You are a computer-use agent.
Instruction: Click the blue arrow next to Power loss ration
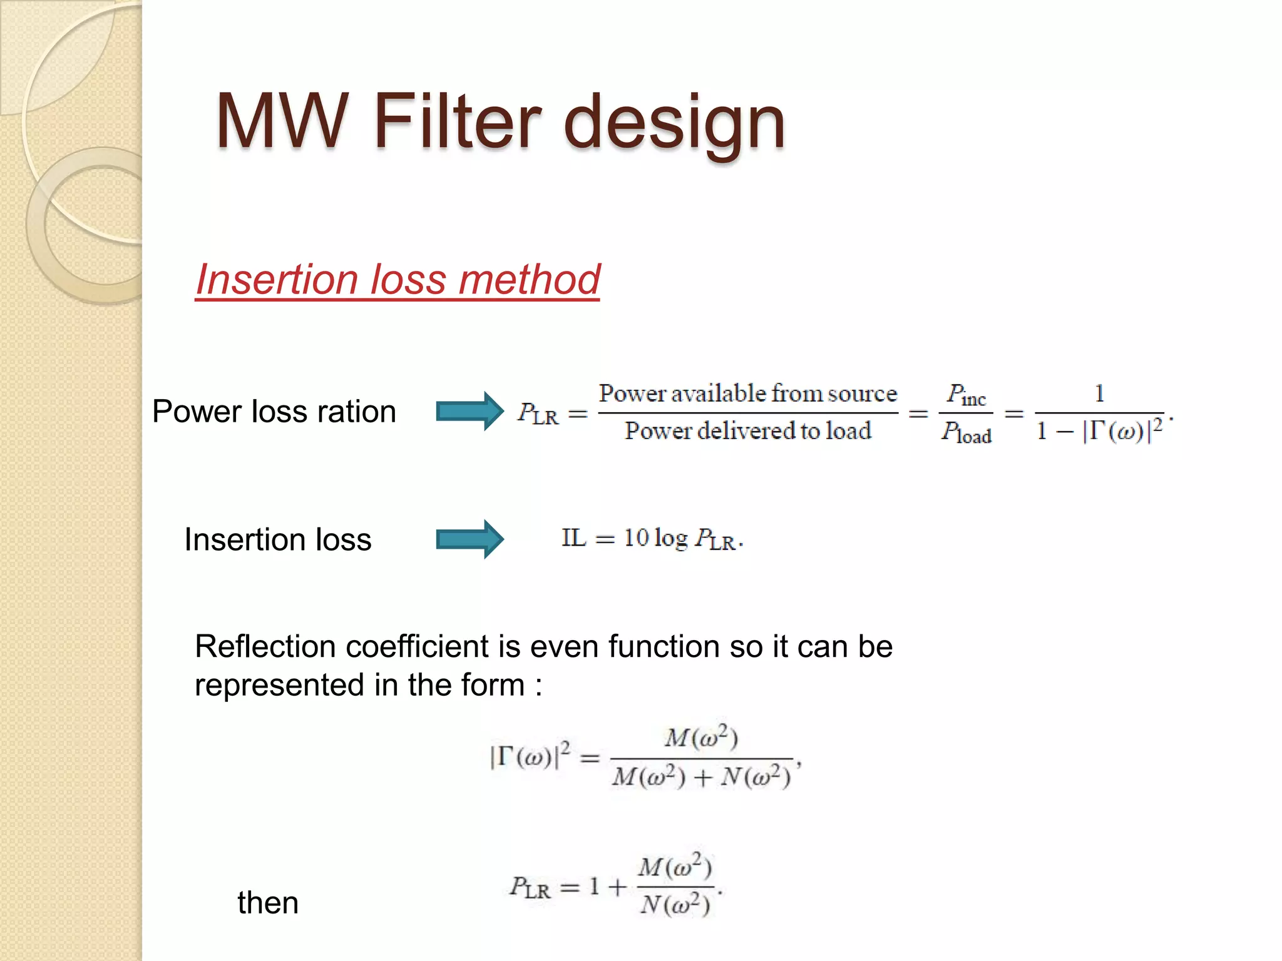[x=469, y=411]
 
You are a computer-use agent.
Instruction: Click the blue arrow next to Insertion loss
[x=469, y=539]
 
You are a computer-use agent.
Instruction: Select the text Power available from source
[x=748, y=394]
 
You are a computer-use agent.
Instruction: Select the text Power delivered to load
[x=748, y=431]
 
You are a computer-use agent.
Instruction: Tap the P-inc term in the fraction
[x=966, y=395]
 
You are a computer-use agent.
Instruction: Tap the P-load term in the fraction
[x=966, y=432]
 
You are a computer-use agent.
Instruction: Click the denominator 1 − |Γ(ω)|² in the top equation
[x=1099, y=430]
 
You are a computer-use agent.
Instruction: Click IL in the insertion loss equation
[x=573, y=538]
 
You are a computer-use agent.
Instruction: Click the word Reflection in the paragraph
[x=264, y=646]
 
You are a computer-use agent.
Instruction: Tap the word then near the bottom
[x=268, y=903]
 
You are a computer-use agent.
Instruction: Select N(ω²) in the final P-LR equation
[x=675, y=905]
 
